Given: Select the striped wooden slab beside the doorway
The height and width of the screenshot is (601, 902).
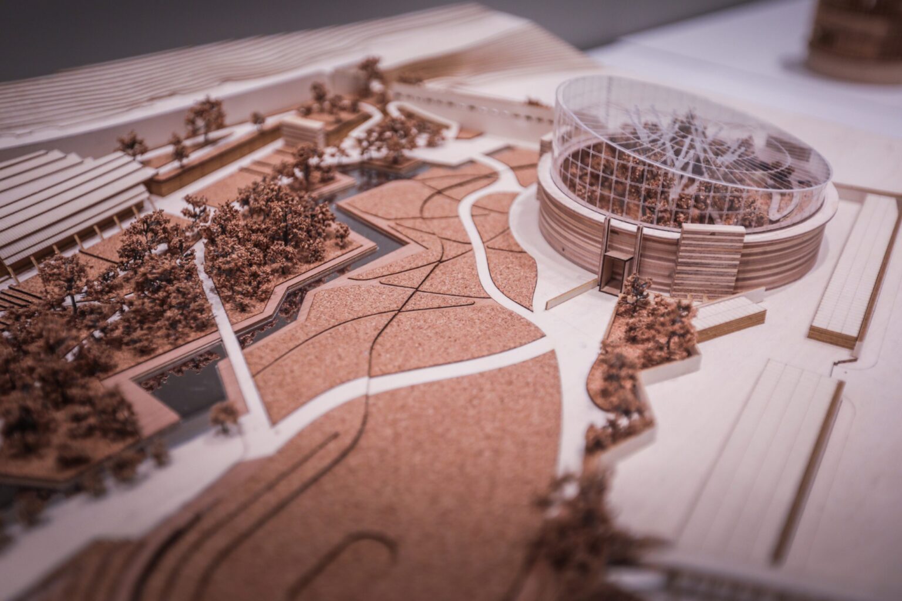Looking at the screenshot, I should coord(703,261).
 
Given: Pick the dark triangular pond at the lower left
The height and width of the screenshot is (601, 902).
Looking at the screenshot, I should coord(176,388).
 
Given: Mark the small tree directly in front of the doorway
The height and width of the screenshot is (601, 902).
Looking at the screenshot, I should coord(634,288).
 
